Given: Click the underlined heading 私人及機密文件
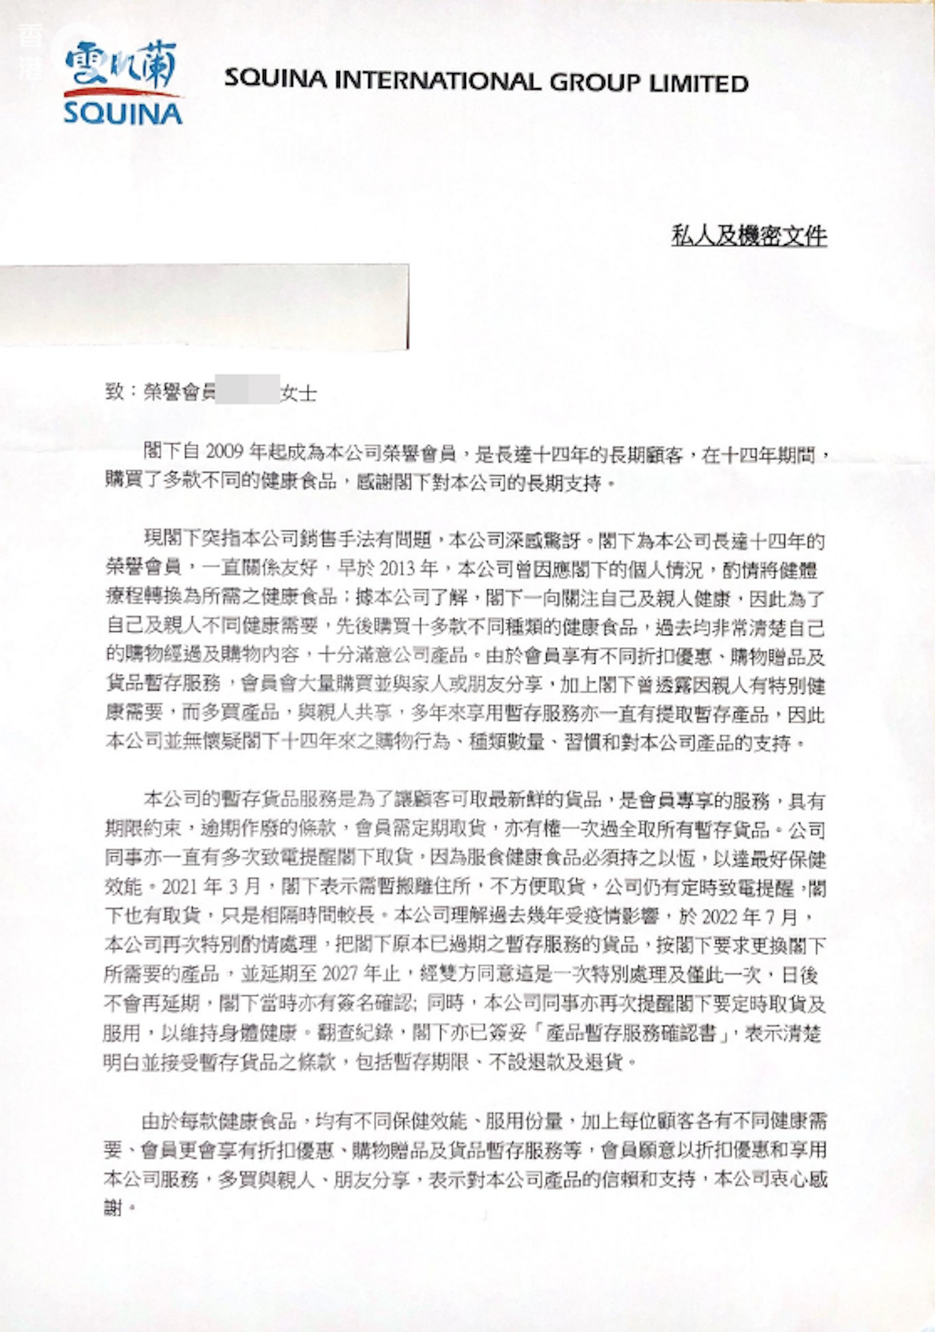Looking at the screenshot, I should click(x=748, y=236).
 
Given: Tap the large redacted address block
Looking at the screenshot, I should click(x=203, y=306).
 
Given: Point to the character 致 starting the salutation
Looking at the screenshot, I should click(x=114, y=393).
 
